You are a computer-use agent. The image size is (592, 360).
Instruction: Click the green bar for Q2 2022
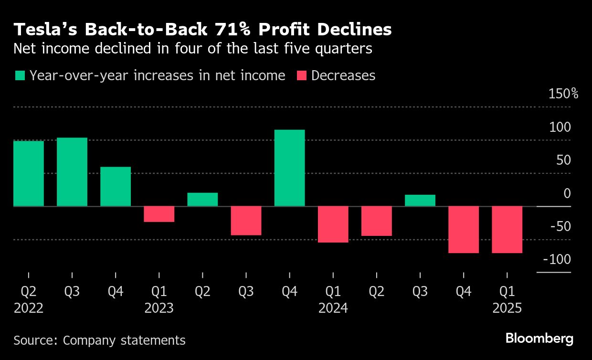[x=29, y=173]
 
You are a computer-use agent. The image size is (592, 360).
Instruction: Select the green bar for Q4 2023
[x=290, y=168]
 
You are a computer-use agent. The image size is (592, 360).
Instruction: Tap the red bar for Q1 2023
[x=159, y=214]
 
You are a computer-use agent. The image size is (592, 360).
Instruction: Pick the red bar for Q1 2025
[x=507, y=229]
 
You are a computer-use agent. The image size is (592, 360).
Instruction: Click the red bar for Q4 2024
[x=464, y=229]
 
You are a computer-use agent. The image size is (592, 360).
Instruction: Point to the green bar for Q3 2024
[x=420, y=201]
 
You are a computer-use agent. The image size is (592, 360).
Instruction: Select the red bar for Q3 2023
[x=246, y=221]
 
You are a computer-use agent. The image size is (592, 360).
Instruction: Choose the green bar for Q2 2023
[x=202, y=200]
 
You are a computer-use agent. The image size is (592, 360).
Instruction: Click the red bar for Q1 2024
[x=333, y=224]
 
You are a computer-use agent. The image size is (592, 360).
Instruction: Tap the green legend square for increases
[x=20, y=76]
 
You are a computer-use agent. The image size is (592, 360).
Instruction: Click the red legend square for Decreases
[x=302, y=76]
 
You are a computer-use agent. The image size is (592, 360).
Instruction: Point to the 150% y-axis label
[x=563, y=94]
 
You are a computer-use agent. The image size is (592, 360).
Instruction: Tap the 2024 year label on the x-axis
[x=333, y=308]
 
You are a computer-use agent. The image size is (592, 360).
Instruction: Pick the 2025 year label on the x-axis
[x=507, y=308]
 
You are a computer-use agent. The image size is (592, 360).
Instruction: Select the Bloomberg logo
[x=539, y=339]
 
